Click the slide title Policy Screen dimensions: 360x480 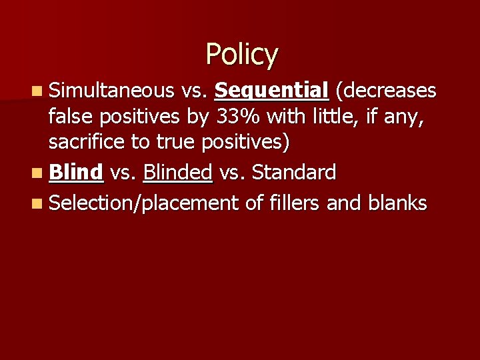pyautogui.click(x=241, y=55)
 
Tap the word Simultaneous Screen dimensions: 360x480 pyautogui.click(x=109, y=91)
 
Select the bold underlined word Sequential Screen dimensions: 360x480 pyautogui.click(x=272, y=91)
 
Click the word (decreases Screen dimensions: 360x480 pyautogui.click(x=386, y=91)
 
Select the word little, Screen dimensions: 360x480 pyautogui.click(x=331, y=117)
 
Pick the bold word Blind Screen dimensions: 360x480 pyautogui.click(x=76, y=173)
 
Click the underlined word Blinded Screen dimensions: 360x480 pyautogui.click(x=177, y=173)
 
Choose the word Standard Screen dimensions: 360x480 pyautogui.click(x=294, y=173)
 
